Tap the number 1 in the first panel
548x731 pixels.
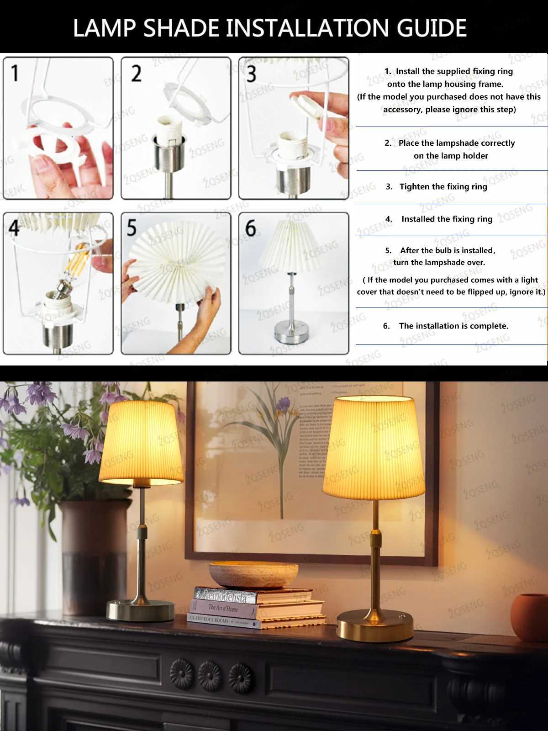[15, 73]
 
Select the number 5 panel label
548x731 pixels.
[132, 228]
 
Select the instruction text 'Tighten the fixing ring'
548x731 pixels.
[443, 186]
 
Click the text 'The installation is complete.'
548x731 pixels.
[453, 326]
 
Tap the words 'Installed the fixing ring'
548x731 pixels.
[447, 219]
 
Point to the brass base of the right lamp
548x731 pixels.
[374, 626]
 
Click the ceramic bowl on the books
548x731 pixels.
[253, 573]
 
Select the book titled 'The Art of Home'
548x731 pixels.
[224, 608]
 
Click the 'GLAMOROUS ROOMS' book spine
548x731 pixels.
[210, 620]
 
